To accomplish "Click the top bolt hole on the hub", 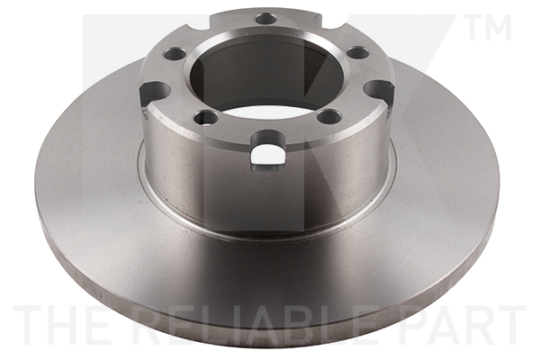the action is (x=266, y=19).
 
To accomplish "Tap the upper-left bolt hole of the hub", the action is (x=175, y=53).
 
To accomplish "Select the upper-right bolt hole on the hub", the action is (x=358, y=52).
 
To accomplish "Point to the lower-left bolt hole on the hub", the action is (x=206, y=118).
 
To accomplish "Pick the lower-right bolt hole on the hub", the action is (x=329, y=116).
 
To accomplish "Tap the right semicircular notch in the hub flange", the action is (x=380, y=90).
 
